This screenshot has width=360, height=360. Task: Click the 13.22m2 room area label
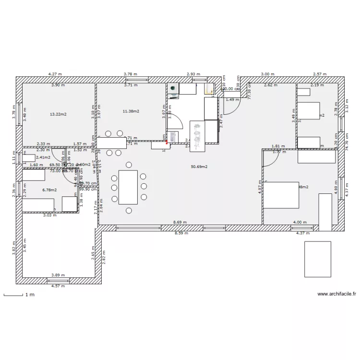click(58, 114)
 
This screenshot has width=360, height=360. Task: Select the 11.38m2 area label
click(131, 111)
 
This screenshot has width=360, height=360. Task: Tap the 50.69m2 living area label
click(199, 167)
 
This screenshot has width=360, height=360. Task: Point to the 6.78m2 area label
click(49, 190)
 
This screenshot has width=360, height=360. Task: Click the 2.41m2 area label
click(43, 157)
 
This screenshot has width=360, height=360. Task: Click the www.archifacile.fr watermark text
click(336, 294)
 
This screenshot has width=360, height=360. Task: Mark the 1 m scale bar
click(14, 295)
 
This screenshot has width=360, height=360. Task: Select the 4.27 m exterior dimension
click(55, 74)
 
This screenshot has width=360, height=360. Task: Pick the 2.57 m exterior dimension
click(320, 74)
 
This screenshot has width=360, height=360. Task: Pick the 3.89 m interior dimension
click(59, 275)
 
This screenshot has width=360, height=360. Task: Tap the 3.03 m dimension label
click(49, 216)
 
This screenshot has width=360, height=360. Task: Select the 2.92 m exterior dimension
click(194, 74)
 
